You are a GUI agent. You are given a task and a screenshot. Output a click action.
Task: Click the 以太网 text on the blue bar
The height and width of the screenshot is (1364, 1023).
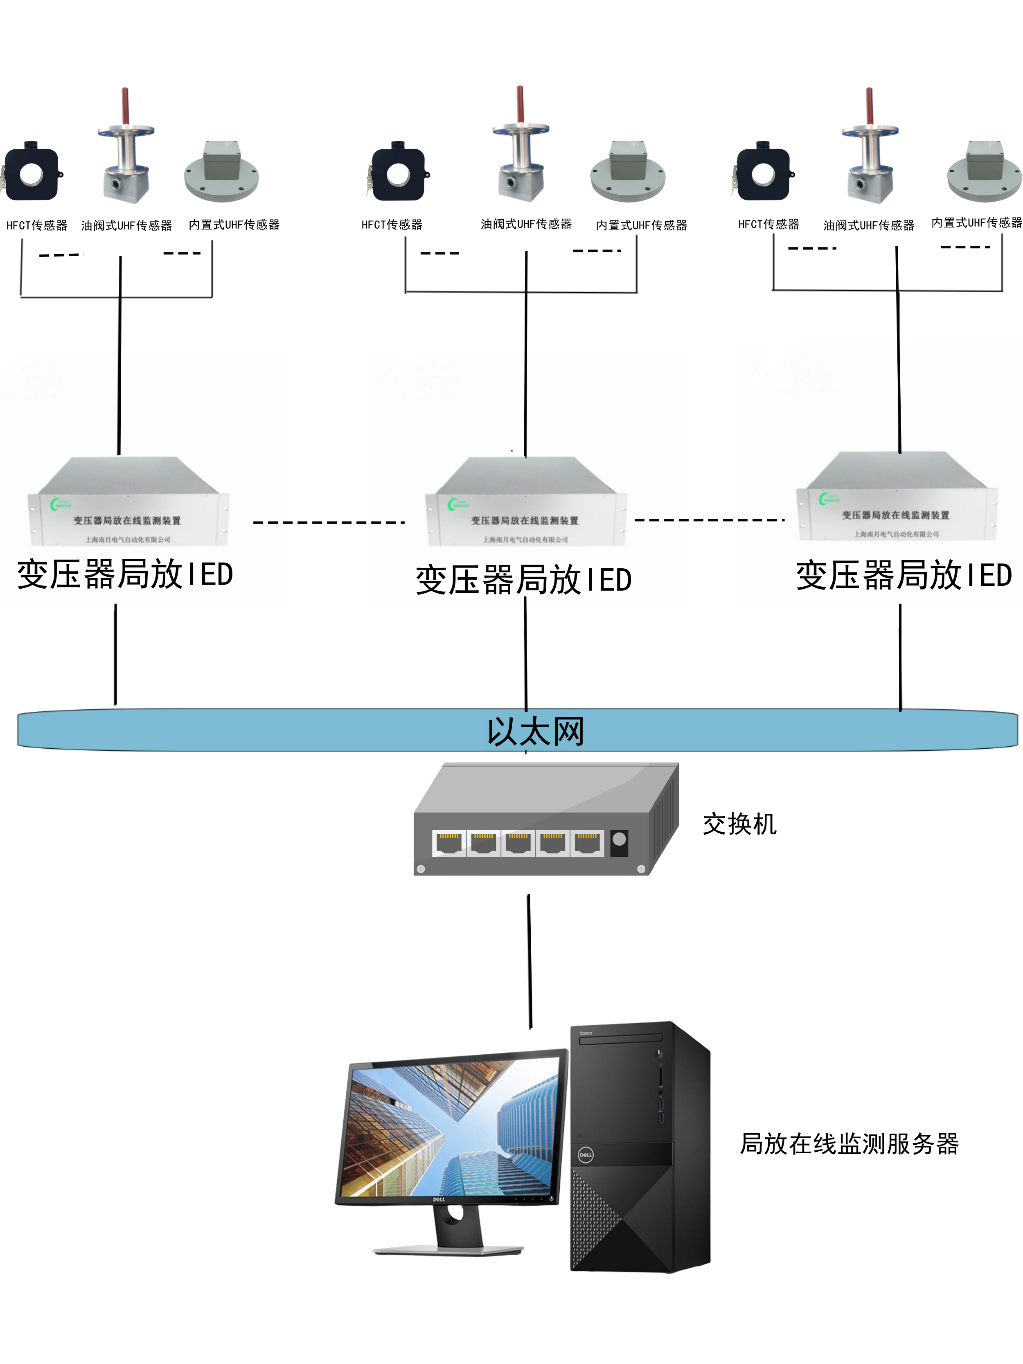coord(535,732)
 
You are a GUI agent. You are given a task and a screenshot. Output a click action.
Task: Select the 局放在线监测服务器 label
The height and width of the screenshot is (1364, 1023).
coord(849,1144)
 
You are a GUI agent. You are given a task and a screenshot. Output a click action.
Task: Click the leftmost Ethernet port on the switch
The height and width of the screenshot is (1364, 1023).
coord(448,843)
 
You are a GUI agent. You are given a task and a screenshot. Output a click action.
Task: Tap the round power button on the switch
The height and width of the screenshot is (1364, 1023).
coord(619,839)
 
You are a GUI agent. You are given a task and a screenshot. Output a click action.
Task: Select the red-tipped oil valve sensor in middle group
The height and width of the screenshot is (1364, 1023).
coord(520,148)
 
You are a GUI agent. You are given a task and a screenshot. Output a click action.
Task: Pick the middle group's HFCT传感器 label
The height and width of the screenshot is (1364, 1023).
coord(392,225)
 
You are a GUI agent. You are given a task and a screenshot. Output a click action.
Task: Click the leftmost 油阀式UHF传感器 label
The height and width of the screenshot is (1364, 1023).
coord(126,226)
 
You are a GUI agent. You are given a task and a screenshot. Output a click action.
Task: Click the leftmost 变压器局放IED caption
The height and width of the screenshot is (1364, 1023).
coord(125,574)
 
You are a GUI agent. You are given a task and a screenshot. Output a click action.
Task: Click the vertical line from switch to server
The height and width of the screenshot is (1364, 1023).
coord(529,961)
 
